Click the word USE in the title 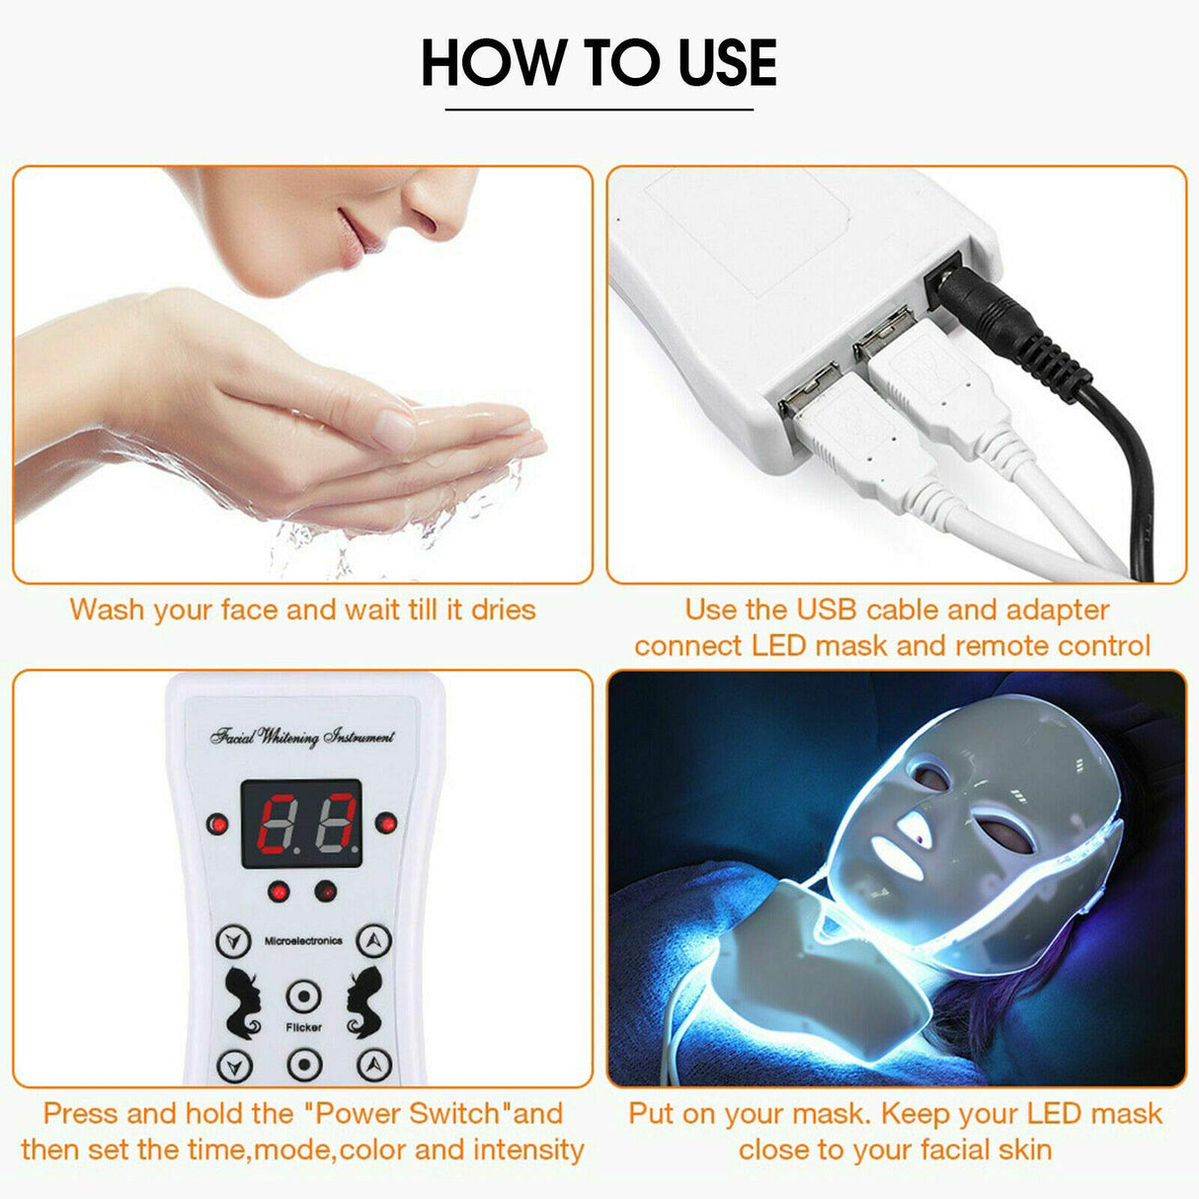(x=727, y=62)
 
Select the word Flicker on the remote (x=303, y=1027)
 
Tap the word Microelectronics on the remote (x=303, y=941)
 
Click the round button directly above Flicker (x=303, y=997)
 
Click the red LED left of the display (x=216, y=824)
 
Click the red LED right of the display (x=387, y=823)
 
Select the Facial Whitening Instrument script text (x=302, y=736)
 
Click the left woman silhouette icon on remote (x=243, y=1001)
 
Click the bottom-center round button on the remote (x=303, y=1064)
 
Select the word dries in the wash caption (x=503, y=609)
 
